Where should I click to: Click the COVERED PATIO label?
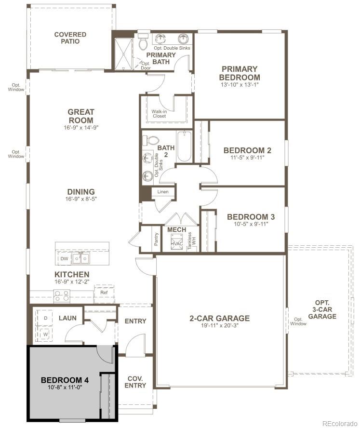[x=70, y=38]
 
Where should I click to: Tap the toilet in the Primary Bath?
[x=143, y=43]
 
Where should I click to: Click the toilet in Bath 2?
[x=151, y=141]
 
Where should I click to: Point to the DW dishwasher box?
[x=64, y=259]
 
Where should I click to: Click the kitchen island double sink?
[x=80, y=259]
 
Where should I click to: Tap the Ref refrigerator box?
[x=104, y=292]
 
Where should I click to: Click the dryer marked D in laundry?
[x=46, y=319]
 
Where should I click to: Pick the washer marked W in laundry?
[x=46, y=334]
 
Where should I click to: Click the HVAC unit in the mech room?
[x=176, y=243]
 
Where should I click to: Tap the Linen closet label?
[x=163, y=192]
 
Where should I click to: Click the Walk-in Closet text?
[x=159, y=114]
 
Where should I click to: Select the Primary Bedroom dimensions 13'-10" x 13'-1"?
[x=239, y=85]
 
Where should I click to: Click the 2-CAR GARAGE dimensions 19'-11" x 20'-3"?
[x=219, y=326]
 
